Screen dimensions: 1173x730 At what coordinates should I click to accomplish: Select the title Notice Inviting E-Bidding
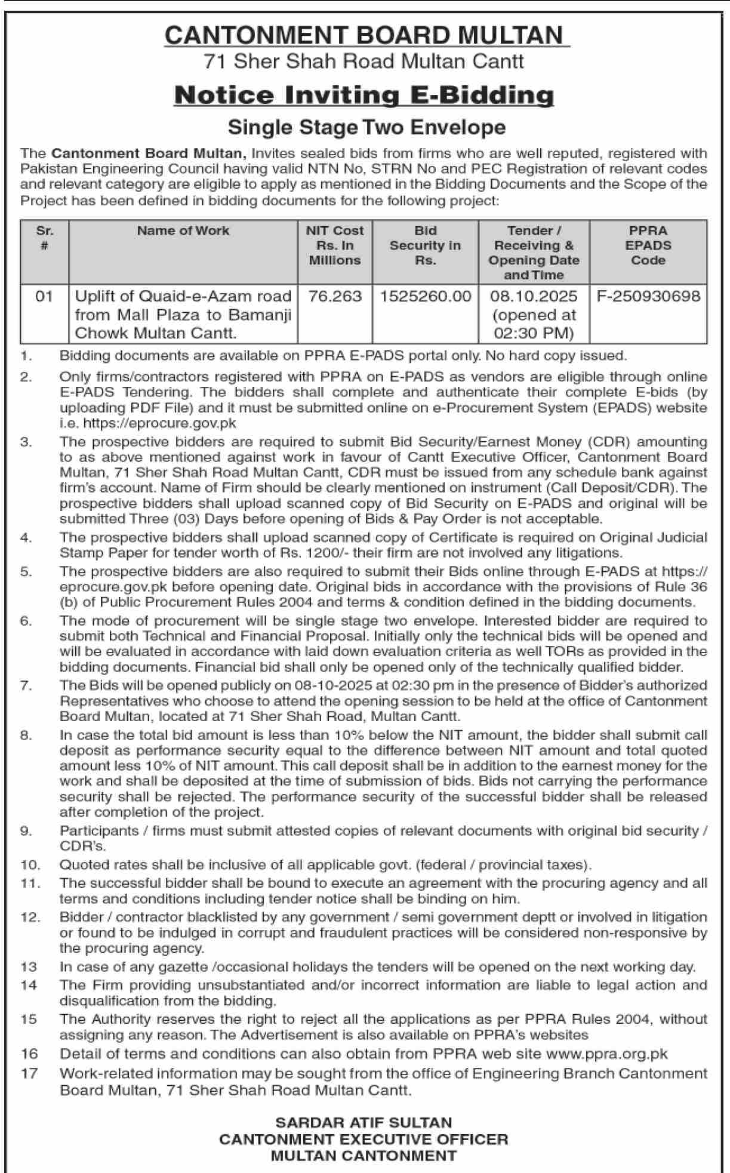point(364,96)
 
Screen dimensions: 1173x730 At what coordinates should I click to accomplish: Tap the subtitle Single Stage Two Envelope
point(366,127)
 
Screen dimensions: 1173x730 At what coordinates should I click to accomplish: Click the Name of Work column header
point(183,231)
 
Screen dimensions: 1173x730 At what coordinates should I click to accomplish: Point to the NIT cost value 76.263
point(335,297)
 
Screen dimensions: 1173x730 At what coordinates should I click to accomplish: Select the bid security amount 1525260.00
point(425,297)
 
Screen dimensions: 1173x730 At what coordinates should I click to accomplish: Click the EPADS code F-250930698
point(648,297)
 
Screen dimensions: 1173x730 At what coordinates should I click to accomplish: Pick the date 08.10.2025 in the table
point(534,297)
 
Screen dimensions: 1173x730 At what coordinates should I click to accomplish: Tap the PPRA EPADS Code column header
point(648,245)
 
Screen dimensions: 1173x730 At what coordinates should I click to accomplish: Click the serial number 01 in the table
point(44,297)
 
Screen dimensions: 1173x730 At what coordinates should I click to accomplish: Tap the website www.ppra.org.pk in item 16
point(606,1054)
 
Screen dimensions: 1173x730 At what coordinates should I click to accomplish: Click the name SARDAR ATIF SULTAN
point(364,1123)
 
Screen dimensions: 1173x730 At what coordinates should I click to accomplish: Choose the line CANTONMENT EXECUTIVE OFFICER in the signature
point(364,1140)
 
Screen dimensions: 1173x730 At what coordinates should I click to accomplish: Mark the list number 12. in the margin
point(30,917)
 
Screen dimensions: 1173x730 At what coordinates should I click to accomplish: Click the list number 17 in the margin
point(29,1073)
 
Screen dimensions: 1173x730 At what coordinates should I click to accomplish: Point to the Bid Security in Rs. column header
point(425,245)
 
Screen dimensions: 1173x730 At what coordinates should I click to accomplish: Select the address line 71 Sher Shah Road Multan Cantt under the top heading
point(364,61)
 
